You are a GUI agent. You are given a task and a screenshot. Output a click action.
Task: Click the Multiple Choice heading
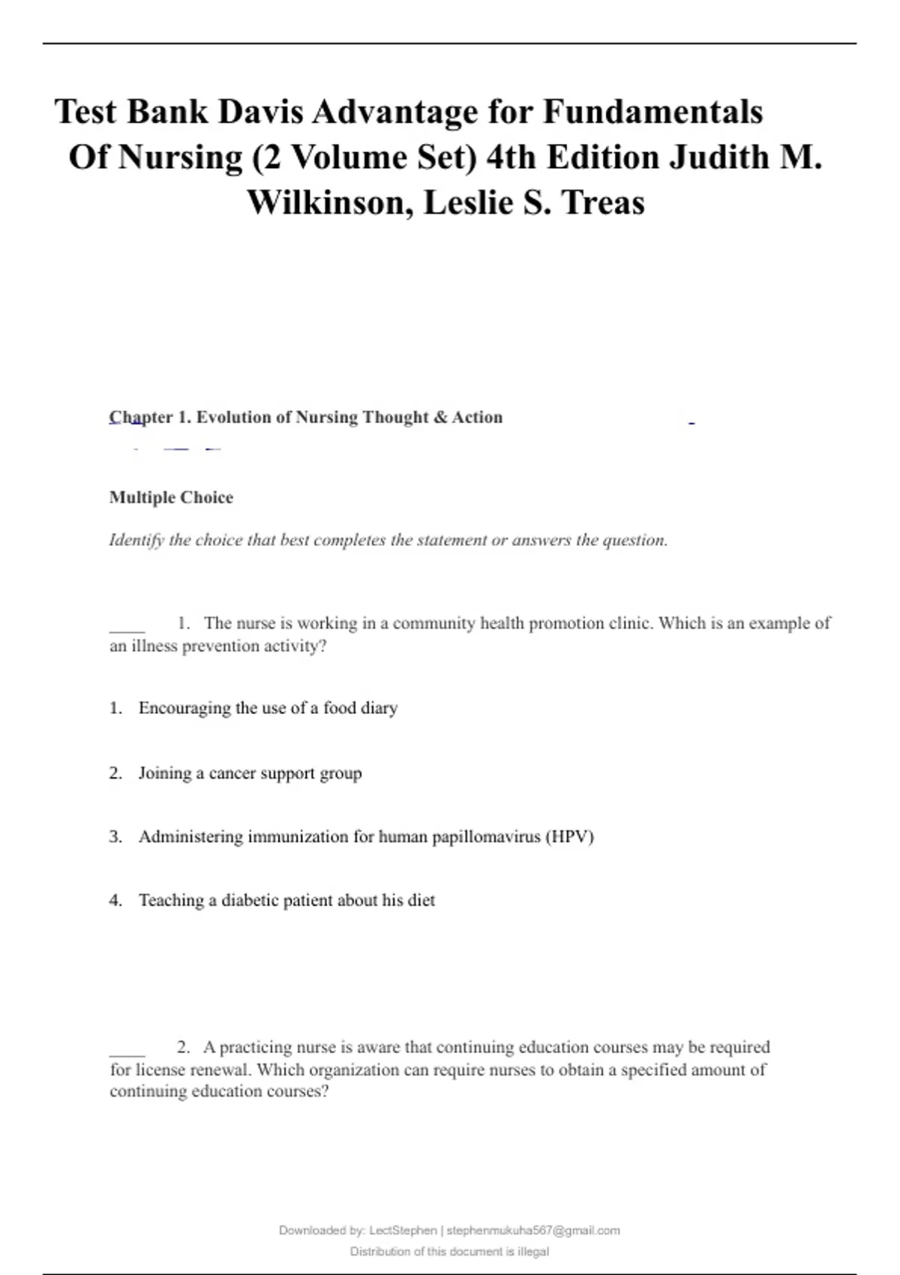point(171,497)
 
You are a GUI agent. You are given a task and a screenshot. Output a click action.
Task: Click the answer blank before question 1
point(127,628)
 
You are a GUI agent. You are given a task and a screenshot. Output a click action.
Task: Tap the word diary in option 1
point(379,708)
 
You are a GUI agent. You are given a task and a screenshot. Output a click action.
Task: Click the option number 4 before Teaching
point(115,900)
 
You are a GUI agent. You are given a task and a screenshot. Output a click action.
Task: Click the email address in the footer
point(533,1230)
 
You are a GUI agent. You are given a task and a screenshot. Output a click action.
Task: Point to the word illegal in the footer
point(532,1251)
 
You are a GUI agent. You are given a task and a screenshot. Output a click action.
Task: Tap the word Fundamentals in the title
point(652,112)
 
